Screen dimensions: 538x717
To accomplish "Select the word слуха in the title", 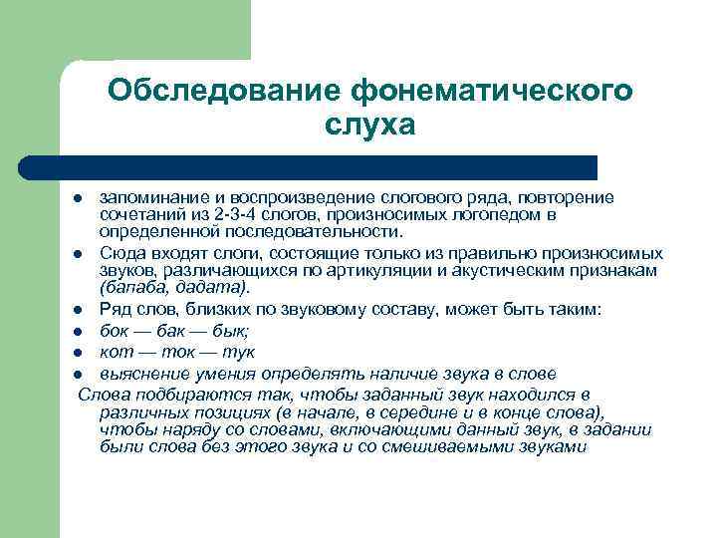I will tap(368, 126).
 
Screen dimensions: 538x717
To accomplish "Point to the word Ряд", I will tap(116, 310).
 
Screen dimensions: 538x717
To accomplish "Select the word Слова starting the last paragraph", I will tap(101, 395).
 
